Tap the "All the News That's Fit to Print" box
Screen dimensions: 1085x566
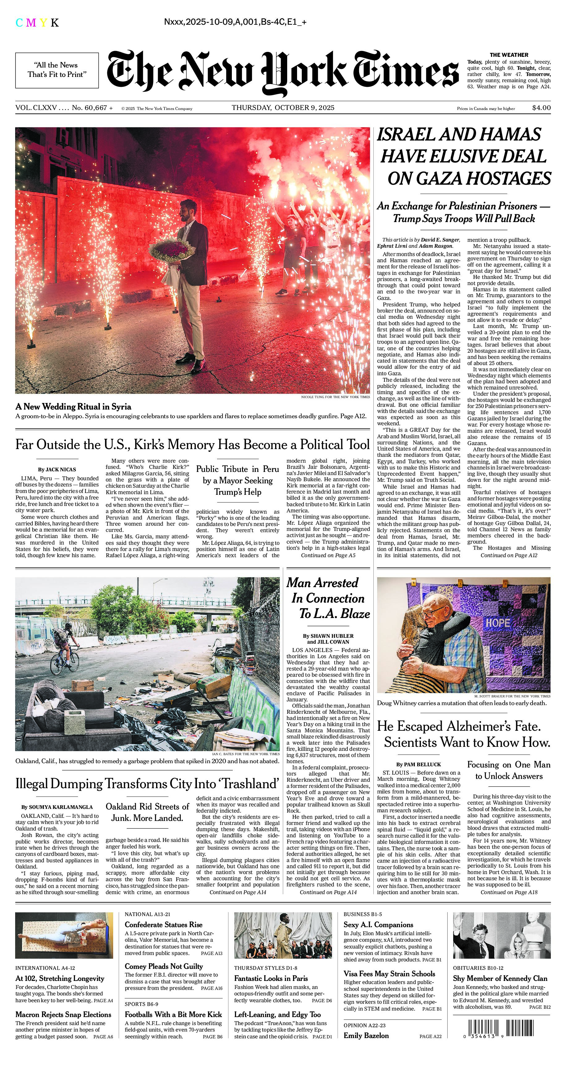(x=57, y=70)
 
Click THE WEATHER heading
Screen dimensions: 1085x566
(x=509, y=55)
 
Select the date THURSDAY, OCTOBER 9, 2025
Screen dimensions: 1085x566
(x=283, y=108)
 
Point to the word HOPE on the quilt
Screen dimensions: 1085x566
(x=498, y=623)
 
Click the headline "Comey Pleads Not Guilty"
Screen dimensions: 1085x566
(x=164, y=966)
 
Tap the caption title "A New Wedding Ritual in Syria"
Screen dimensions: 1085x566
(x=73, y=407)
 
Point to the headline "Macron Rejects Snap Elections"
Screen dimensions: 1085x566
(x=63, y=1014)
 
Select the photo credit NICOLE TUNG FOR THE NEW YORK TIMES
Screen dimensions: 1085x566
(x=335, y=397)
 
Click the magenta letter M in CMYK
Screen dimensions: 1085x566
(x=31, y=23)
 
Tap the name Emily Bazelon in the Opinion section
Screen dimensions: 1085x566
(x=366, y=1035)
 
